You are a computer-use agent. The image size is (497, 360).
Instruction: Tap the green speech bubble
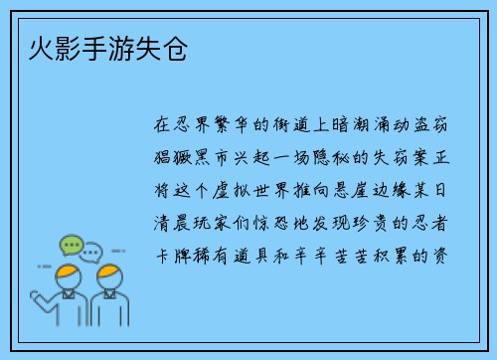(x=70, y=244)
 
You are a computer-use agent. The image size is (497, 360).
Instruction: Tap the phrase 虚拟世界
(x=260, y=190)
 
